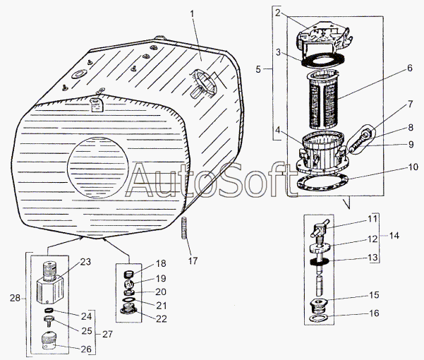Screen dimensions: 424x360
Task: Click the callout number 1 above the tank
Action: pyautogui.click(x=193, y=13)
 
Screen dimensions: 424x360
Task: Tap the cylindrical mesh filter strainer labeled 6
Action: pyautogui.click(x=323, y=99)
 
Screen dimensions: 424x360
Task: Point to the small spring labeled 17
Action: pyautogui.click(x=184, y=228)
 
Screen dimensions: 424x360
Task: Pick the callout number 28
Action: pyautogui.click(x=15, y=298)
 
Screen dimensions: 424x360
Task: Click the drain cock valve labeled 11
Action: pyautogui.click(x=320, y=229)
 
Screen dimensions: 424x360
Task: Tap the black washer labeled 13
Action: pyautogui.click(x=320, y=262)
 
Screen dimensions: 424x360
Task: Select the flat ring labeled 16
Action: pyautogui.click(x=318, y=318)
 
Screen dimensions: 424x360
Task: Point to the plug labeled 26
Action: pyautogui.click(x=49, y=340)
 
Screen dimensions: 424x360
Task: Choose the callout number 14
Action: pyautogui.click(x=394, y=236)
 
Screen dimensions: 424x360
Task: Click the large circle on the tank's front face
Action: pyautogui.click(x=97, y=167)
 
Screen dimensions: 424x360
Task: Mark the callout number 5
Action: pyautogui.click(x=258, y=69)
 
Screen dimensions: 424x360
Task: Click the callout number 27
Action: pyautogui.click(x=107, y=335)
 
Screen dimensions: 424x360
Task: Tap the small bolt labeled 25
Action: pyautogui.click(x=49, y=321)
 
